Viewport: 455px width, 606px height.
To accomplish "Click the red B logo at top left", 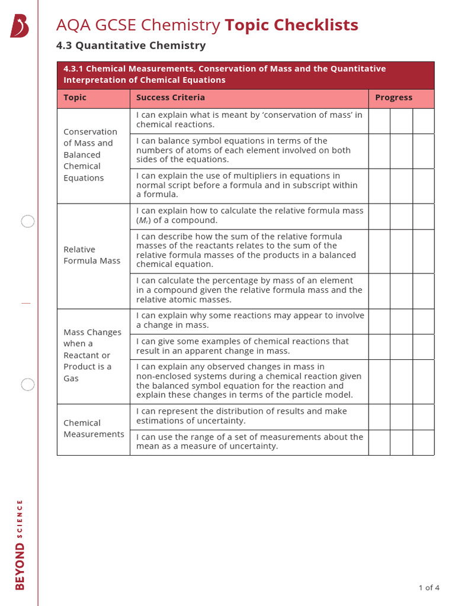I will [x=20, y=27].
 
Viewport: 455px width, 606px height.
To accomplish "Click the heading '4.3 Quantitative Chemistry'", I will [x=130, y=46].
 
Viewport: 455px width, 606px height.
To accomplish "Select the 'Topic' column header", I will [x=75, y=98].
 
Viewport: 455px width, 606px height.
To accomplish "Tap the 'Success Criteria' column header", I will [x=171, y=98].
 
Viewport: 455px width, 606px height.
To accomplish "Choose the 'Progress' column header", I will [x=393, y=98].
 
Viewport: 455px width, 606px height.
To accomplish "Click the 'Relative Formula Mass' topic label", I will [x=92, y=255].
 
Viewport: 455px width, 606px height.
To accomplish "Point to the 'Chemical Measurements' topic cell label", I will [x=94, y=428].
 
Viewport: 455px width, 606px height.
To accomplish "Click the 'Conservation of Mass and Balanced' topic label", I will [x=91, y=154].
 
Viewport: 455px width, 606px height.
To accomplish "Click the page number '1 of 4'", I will [x=428, y=588].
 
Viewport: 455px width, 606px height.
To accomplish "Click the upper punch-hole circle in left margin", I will [x=28, y=222].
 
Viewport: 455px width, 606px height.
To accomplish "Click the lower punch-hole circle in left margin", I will [x=28, y=385].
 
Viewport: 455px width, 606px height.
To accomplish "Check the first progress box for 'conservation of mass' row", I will [x=379, y=121].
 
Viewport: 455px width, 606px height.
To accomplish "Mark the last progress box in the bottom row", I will [x=423, y=443].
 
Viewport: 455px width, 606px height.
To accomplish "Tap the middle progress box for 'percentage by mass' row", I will [x=401, y=291].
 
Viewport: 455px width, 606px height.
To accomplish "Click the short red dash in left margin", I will [x=25, y=303].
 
